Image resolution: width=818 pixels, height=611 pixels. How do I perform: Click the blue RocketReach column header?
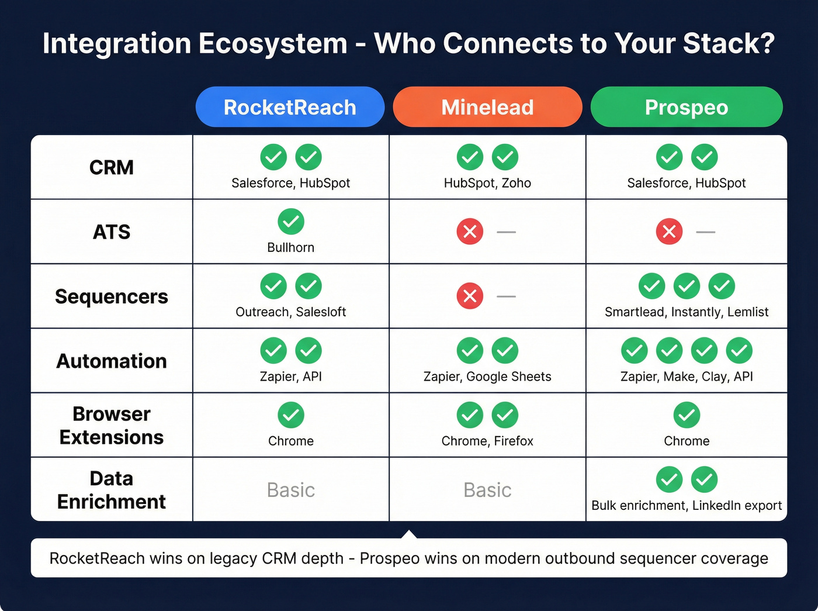coord(290,107)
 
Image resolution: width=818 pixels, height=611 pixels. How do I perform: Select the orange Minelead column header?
coord(487,107)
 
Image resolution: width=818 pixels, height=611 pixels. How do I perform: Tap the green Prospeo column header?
coord(687,107)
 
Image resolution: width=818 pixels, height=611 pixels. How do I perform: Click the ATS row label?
coord(112,232)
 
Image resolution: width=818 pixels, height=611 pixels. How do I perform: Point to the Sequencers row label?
coord(112,296)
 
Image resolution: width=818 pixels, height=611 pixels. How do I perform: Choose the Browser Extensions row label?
coord(112,426)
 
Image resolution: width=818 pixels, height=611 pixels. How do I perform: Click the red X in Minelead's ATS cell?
coord(470,232)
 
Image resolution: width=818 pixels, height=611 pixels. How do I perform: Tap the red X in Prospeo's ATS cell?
coord(669,232)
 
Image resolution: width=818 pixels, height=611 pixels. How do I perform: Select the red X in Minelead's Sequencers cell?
coord(470,296)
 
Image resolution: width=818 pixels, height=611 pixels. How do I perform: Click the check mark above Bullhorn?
coord(290,222)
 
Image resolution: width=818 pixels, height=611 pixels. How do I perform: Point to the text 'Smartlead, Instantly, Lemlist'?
coord(687,312)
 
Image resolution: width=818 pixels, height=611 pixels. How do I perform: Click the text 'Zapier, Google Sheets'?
coord(487,377)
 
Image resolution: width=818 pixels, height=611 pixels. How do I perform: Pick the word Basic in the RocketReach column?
coord(290,490)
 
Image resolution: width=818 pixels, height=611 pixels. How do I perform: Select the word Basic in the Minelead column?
coord(487,490)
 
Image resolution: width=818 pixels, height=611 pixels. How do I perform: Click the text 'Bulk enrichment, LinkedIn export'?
coord(687,506)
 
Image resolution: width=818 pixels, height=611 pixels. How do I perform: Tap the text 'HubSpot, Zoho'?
coord(487,183)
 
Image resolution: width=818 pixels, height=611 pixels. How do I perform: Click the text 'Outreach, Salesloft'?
coord(290,312)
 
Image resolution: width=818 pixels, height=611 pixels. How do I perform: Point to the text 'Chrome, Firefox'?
coord(487,441)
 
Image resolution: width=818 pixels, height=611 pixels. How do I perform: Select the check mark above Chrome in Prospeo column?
coord(687,415)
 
